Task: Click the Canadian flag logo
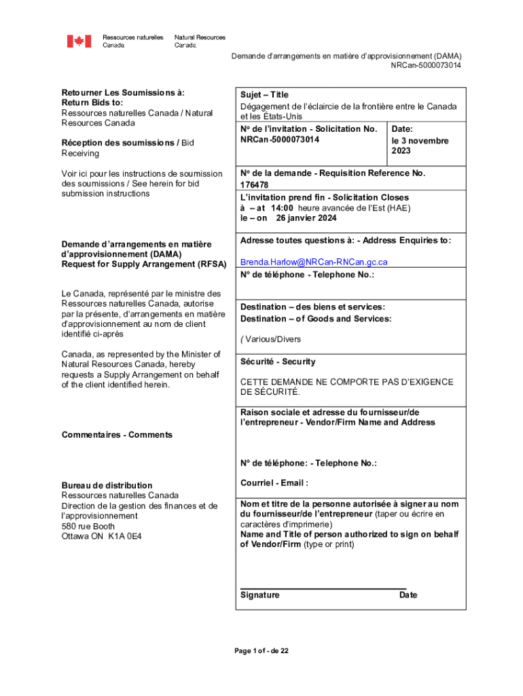coord(79,41)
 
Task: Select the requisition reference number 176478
coord(254,185)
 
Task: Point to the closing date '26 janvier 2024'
coord(306,218)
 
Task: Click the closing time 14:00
coord(282,208)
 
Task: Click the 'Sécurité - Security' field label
coord(278,362)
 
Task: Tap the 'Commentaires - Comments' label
coord(117,435)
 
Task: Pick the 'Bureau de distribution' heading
coord(107,486)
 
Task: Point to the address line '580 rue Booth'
coord(88,526)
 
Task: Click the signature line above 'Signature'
coord(323,589)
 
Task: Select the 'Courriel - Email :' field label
coord(274,483)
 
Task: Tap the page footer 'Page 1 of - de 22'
coord(261,651)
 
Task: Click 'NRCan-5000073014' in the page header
coord(426,65)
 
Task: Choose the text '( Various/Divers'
coord(270,339)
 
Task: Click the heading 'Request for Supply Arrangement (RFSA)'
coord(143,264)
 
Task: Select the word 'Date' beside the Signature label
coord(408,595)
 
